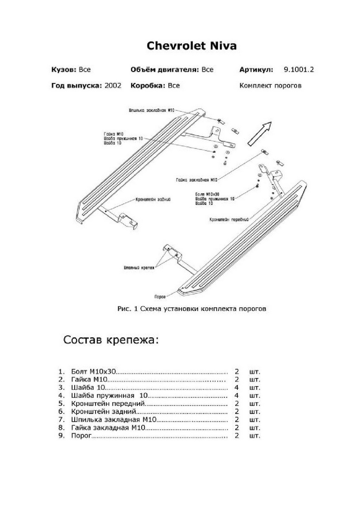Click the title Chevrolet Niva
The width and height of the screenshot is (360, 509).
[191, 46]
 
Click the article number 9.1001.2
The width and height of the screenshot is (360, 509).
[298, 70]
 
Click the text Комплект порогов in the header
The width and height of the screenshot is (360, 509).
[270, 85]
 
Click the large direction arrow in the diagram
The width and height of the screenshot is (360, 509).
[260, 131]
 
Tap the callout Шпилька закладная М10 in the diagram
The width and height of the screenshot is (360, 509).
[152, 110]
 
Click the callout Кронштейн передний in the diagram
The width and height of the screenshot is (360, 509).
[228, 219]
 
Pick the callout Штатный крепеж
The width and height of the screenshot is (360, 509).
[136, 268]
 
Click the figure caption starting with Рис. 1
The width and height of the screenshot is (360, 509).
[191, 309]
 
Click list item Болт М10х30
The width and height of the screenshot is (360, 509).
[94, 371]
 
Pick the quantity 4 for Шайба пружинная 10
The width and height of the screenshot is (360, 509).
[237, 395]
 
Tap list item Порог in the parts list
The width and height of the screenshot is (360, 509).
[82, 436]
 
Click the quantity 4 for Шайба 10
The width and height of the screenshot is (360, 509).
[237, 387]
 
